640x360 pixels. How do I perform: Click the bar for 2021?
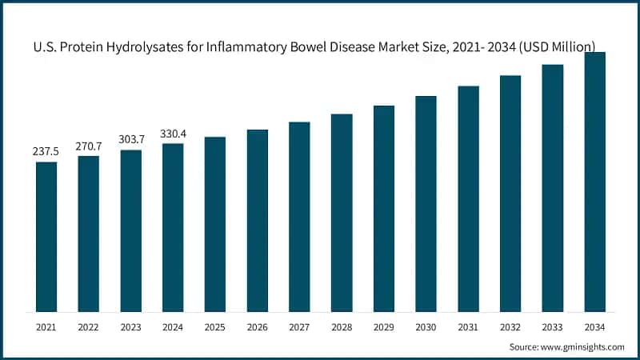[x=46, y=237]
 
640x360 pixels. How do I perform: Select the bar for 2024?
[x=173, y=228]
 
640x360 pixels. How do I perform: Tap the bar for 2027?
[x=299, y=217]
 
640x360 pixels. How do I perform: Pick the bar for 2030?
[x=426, y=204]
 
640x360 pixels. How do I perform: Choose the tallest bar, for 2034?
[x=594, y=182]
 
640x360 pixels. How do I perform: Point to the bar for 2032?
[x=510, y=194]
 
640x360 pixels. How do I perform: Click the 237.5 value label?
[x=46, y=150]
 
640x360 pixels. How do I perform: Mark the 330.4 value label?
[x=173, y=133]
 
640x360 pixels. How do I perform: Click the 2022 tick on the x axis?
[x=89, y=326]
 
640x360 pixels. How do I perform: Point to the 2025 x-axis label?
[x=215, y=326]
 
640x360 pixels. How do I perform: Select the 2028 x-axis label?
[x=342, y=326]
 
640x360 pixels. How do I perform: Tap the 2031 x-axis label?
[x=468, y=326]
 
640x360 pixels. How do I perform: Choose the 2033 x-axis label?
[x=552, y=326]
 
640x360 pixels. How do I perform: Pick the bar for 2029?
[x=384, y=209]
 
